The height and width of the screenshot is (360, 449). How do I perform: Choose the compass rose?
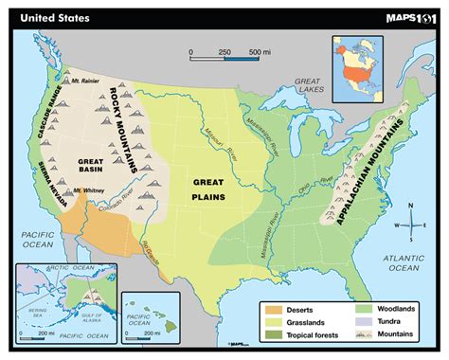point(413,225)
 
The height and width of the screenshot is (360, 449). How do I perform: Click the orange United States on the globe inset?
point(355,68)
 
